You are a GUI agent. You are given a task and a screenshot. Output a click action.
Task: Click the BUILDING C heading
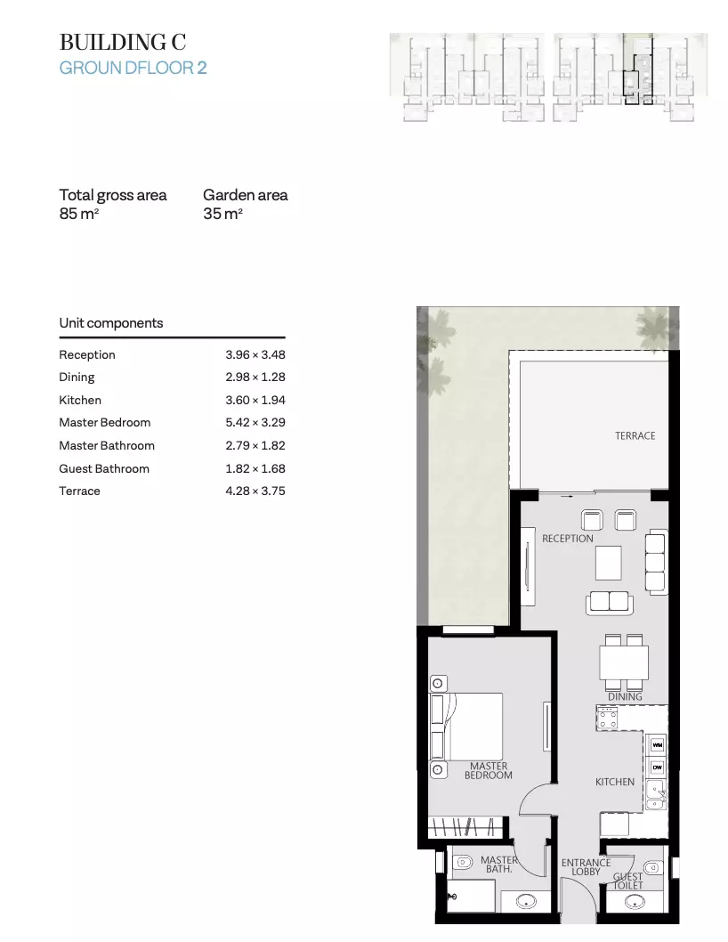pyautogui.click(x=123, y=42)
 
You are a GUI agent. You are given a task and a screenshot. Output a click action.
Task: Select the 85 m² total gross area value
pyautogui.click(x=78, y=214)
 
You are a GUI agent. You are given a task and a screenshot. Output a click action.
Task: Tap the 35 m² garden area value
pyautogui.click(x=222, y=214)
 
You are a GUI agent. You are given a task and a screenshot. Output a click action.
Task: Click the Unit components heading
pyautogui.click(x=111, y=323)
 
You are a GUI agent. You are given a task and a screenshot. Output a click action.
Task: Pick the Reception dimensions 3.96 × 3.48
pyautogui.click(x=255, y=354)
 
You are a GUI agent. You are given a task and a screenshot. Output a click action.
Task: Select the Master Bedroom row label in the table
pyautogui.click(x=104, y=422)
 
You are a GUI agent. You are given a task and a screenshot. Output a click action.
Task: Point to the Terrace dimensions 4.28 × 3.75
pyautogui.click(x=255, y=491)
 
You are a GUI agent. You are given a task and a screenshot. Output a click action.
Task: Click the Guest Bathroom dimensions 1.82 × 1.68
pyautogui.click(x=255, y=468)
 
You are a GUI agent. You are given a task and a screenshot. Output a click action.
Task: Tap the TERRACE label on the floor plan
pyautogui.click(x=635, y=435)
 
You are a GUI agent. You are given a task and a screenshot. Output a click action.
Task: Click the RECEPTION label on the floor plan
pyautogui.click(x=568, y=539)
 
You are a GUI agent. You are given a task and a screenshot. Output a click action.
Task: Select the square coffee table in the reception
pyautogui.click(x=609, y=563)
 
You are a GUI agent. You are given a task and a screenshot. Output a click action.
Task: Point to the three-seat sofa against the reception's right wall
pyautogui.click(x=656, y=563)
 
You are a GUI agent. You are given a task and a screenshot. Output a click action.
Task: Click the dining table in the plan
pyautogui.click(x=624, y=662)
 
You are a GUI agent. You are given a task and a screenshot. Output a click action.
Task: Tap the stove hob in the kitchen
pyautogui.click(x=607, y=718)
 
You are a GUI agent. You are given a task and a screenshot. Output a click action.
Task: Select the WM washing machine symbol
pyautogui.click(x=657, y=745)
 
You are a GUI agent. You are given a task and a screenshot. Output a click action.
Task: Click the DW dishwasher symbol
pyautogui.click(x=657, y=767)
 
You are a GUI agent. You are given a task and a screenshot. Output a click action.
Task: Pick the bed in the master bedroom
pyautogui.click(x=466, y=727)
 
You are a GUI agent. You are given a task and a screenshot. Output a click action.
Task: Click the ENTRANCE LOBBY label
pyautogui.click(x=586, y=867)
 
